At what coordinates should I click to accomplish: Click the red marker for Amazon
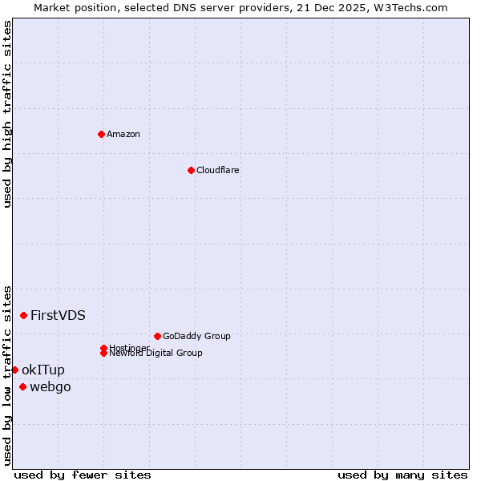pos(101,134)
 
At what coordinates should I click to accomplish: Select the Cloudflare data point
pos(191,170)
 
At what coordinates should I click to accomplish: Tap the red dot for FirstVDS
pos(24,315)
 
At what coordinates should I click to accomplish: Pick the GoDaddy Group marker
pos(157,336)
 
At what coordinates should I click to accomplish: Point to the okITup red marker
pos(14,370)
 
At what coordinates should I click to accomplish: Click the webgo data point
pos(22,387)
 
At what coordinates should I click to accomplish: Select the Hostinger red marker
pos(104,348)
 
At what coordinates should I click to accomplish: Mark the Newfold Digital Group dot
pos(104,354)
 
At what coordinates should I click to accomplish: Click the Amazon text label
pos(123,134)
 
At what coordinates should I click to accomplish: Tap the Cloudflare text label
pos(218,170)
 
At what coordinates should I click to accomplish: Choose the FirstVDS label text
pos(58,315)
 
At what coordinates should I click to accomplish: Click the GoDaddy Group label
pos(196,336)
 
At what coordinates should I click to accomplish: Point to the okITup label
pos(43,370)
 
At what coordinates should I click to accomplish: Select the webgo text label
pos(51,387)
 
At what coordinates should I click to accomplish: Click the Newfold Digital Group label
pos(156,354)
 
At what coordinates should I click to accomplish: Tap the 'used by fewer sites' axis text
pos(83,475)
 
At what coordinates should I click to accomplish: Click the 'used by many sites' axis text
pos(402,475)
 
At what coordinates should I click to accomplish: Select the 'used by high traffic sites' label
pos(7,114)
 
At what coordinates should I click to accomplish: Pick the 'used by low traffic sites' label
pos(7,374)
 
